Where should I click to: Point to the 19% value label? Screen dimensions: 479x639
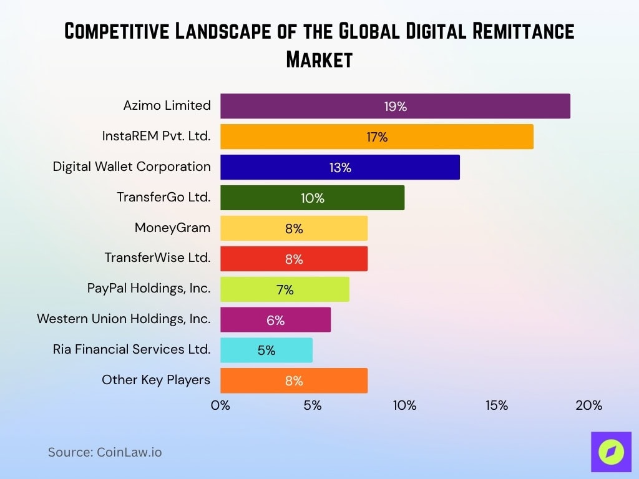click(396, 107)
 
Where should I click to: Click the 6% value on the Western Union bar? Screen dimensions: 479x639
click(275, 321)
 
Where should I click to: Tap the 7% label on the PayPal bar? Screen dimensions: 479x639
click(285, 290)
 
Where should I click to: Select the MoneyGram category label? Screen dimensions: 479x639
click(172, 228)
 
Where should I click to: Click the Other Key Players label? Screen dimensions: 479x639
click(156, 380)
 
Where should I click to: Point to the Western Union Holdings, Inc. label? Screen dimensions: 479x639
click(124, 319)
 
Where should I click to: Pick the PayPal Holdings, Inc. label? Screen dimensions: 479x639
click(149, 288)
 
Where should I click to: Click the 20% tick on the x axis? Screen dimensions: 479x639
click(588, 405)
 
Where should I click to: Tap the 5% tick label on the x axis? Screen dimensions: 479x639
click(313, 405)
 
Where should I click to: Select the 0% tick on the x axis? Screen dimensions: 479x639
click(220, 405)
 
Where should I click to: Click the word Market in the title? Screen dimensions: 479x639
click(319, 60)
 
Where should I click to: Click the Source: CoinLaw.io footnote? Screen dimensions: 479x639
click(105, 452)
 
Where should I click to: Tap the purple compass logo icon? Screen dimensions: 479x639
click(611, 452)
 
